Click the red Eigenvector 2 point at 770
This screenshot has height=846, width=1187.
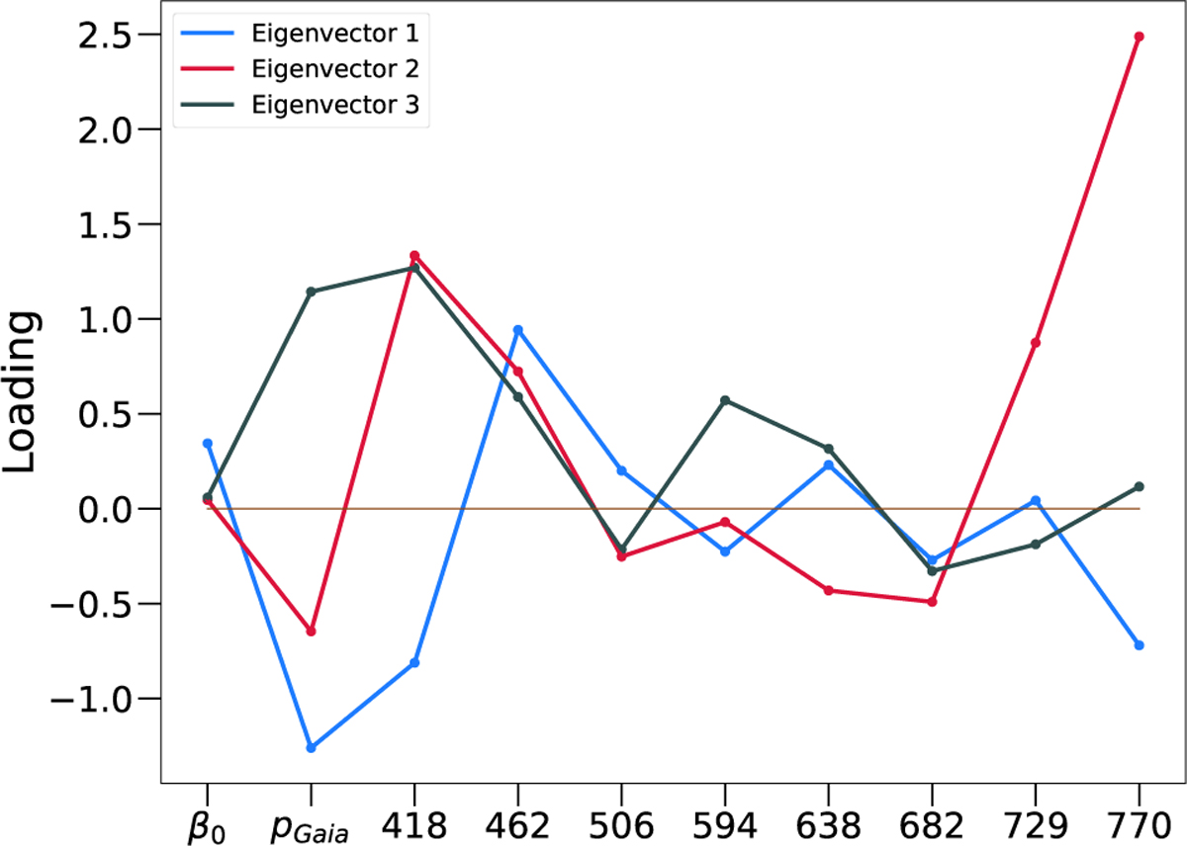pos(1139,37)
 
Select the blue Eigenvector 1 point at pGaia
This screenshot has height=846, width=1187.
pos(311,748)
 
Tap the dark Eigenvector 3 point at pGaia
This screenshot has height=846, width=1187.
pos(311,292)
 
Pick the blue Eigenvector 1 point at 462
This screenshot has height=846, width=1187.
pos(517,329)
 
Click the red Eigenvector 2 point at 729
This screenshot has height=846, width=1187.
pos(1036,343)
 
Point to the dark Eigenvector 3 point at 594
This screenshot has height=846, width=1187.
pos(725,400)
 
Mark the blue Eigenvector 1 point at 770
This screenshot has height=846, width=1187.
pos(1139,645)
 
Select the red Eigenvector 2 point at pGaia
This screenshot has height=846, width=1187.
pos(311,632)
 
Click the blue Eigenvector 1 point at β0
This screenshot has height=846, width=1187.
pos(208,444)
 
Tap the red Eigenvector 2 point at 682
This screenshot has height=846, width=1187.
pos(932,602)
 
